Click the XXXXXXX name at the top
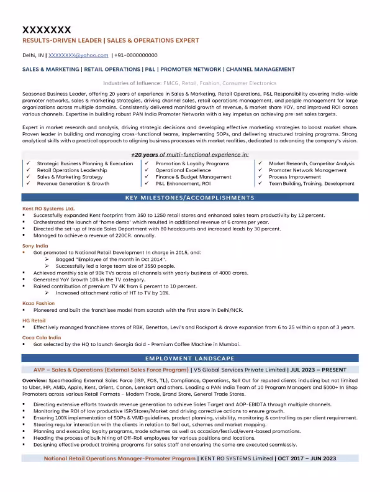47,29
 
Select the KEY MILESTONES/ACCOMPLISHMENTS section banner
189,198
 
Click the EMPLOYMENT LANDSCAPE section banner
189,358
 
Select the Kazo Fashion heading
38,303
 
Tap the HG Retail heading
34,320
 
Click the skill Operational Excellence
183,170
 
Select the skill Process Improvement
296,177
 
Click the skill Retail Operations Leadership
72,170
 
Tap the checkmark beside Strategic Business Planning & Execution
29,163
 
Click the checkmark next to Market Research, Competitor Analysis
260,163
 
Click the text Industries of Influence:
132,83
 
